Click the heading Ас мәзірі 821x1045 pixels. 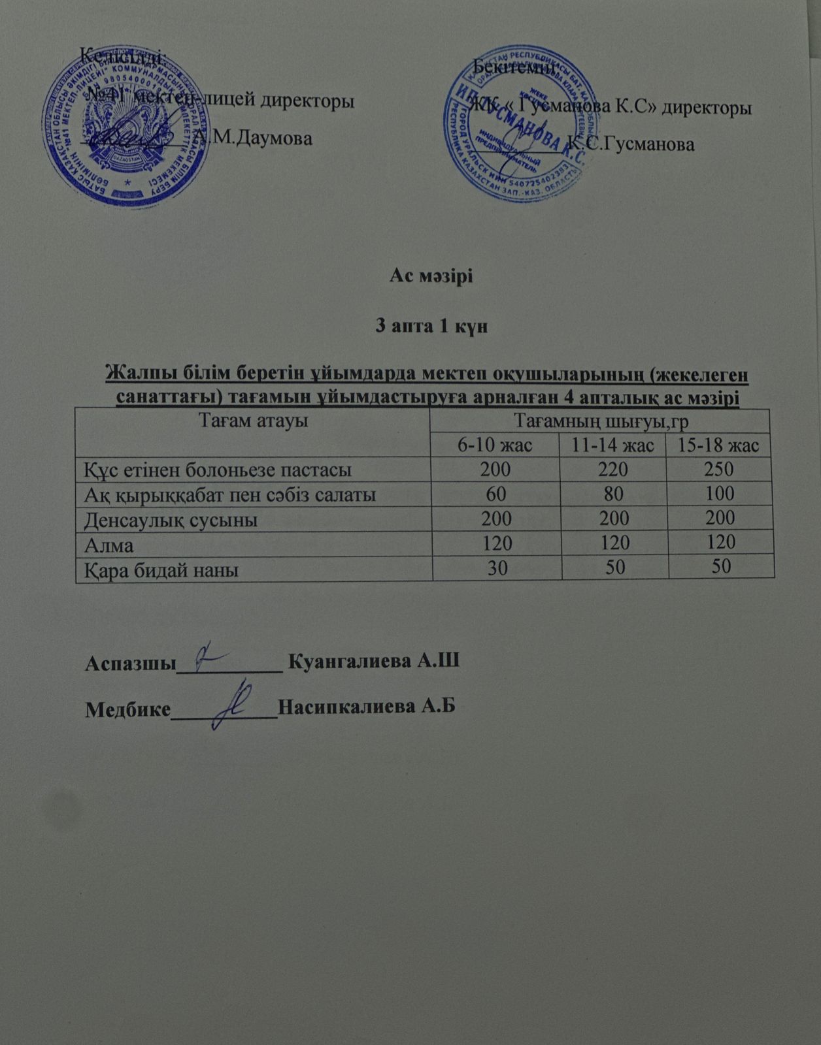tap(431, 276)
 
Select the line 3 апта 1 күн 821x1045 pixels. tap(431, 327)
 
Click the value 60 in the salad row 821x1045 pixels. tap(496, 494)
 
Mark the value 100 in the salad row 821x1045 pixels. tap(718, 494)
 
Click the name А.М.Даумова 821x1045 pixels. tap(254, 138)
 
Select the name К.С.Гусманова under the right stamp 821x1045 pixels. tap(631, 144)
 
